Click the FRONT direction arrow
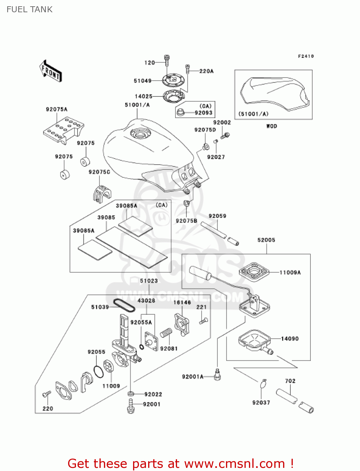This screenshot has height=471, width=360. coord(51,71)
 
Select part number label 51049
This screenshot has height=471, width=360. coord(142,81)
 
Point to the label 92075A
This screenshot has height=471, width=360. coord(56,109)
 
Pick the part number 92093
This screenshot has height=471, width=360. coord(203,113)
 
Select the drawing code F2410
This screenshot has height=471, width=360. coord(306,56)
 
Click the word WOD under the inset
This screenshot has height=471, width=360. coord(271,126)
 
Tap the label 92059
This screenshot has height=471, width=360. coord(217,216)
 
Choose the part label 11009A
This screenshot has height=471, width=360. coord(290,273)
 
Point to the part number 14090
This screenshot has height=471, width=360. coord(290,339)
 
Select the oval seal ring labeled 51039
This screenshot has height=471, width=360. coord(124,305)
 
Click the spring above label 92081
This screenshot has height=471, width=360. coord(166,333)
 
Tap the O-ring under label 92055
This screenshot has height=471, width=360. coord(99,372)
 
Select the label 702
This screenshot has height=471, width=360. coord(290,381)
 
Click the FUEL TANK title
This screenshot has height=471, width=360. coord(30,9)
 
